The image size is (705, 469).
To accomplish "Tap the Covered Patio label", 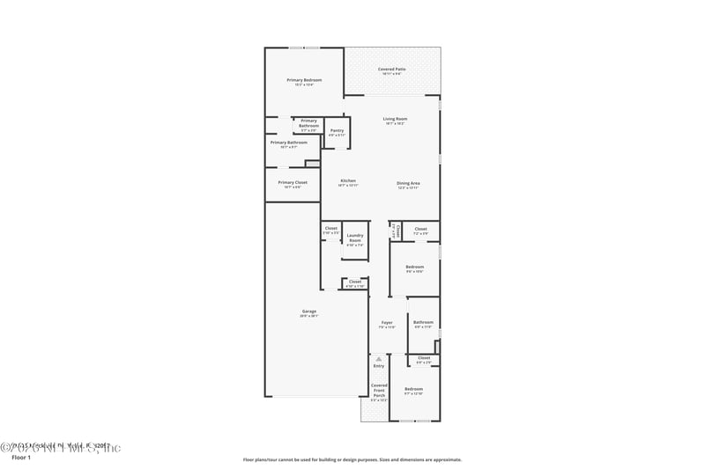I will tap(392, 70).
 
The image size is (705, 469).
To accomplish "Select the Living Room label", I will tap(395, 120).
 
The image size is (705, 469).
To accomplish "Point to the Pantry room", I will tap(337, 132).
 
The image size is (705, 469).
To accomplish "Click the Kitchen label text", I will tap(348, 181).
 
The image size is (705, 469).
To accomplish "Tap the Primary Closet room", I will tap(293, 183).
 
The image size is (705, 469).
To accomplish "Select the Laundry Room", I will tap(355, 238).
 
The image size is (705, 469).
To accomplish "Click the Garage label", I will tap(309, 311).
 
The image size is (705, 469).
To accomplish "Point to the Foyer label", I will tap(387, 324).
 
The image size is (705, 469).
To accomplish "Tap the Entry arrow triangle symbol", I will tap(378, 359).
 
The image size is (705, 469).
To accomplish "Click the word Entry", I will tap(378, 366).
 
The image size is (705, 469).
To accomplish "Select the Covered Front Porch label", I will tap(379, 391).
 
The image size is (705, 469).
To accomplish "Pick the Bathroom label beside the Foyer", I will tap(423, 323).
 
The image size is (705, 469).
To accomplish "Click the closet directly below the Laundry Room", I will tap(355, 282).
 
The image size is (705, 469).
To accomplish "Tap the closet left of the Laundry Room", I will tap(330, 229).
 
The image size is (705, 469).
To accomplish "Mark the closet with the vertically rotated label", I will tap(397, 231).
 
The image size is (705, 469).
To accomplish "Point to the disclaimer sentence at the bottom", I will tap(352, 459).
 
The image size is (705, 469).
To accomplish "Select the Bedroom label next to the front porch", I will tap(414, 389).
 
